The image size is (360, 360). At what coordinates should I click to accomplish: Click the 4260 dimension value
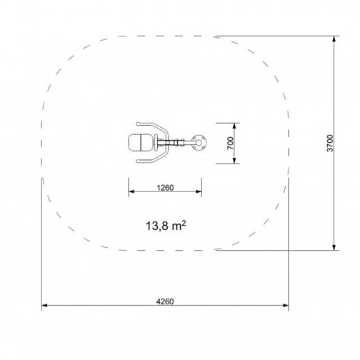(x=165, y=301)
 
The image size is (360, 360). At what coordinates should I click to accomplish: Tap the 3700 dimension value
(x=330, y=143)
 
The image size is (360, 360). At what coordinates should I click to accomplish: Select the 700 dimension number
(x=231, y=143)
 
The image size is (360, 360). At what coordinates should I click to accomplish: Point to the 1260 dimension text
(x=165, y=188)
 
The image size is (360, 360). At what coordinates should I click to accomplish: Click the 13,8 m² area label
(x=166, y=226)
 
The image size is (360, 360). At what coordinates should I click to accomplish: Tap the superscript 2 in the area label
(x=184, y=223)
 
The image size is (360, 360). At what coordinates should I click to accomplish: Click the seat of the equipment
(x=141, y=143)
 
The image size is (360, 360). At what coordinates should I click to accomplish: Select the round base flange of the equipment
(x=199, y=143)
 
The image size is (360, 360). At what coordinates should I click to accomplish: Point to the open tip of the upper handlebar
(x=137, y=124)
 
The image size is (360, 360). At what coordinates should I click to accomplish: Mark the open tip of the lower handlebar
(x=137, y=161)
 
